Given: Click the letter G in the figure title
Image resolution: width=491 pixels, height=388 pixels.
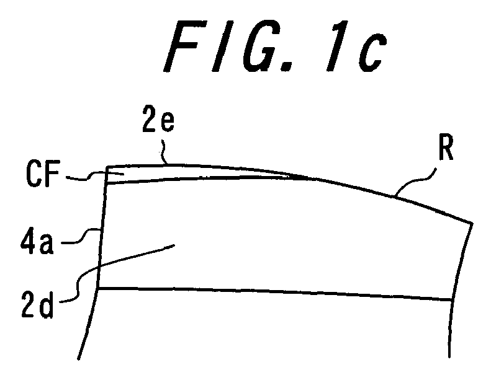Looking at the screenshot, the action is [x=257, y=46].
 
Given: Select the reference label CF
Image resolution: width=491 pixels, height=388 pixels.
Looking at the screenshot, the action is [x=43, y=173].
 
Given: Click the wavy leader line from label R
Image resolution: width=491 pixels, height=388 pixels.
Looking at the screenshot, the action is [x=414, y=182].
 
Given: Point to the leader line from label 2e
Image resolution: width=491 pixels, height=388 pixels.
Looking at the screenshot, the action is [x=164, y=152].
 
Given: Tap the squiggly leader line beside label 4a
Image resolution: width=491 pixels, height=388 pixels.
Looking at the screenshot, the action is [x=81, y=236].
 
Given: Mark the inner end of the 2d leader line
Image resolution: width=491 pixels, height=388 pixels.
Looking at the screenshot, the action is [x=174, y=245].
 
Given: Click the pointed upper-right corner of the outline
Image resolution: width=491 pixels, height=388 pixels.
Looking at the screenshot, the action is [x=472, y=223].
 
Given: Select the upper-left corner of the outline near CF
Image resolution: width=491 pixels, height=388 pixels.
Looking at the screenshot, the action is [x=107, y=167].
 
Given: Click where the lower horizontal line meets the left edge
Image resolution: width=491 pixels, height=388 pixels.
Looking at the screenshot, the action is [x=98, y=288].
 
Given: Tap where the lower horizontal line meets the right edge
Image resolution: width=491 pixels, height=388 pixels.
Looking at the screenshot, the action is [x=451, y=300].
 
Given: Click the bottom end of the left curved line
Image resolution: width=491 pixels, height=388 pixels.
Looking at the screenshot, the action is [x=78, y=359].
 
